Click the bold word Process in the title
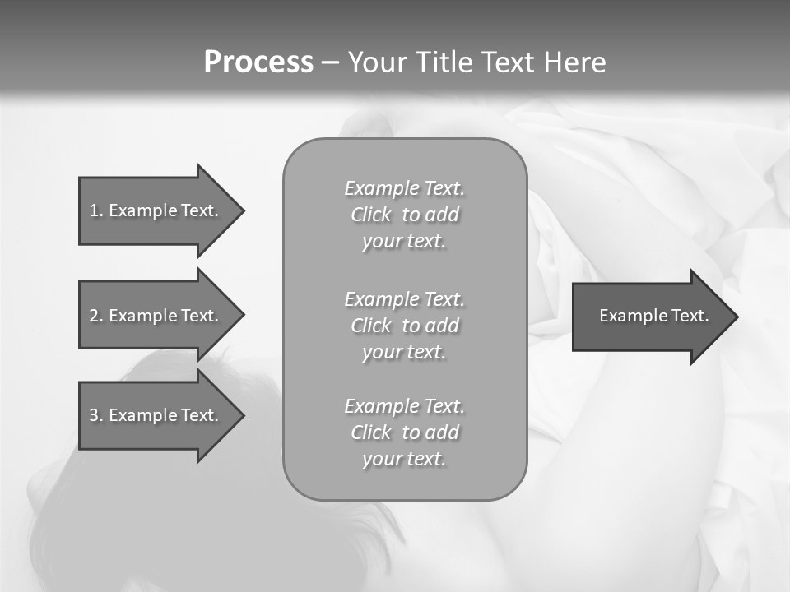pyautogui.click(x=258, y=62)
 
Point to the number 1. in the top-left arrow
pyautogui.click(x=95, y=210)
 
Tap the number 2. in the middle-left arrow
pyautogui.click(x=95, y=316)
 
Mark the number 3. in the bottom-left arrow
pyautogui.click(x=95, y=415)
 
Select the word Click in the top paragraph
pyautogui.click(x=371, y=215)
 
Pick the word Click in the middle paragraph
pyautogui.click(x=371, y=326)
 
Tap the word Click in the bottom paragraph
pyautogui.click(x=371, y=432)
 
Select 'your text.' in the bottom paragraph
pyautogui.click(x=404, y=459)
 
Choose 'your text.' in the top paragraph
pyautogui.click(x=404, y=242)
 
